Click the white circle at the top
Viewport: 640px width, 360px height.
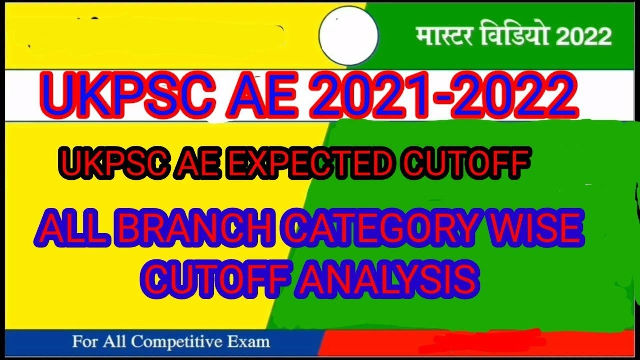pos(348,35)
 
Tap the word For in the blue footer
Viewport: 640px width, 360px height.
pos(85,342)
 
